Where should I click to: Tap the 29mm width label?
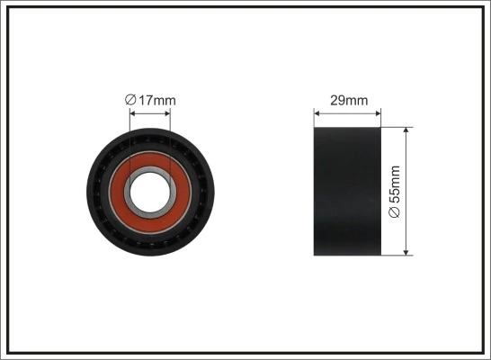point(346,100)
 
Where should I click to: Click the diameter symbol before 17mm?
point(130,100)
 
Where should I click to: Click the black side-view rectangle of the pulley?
point(346,191)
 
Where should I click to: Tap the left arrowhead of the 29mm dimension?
point(317,113)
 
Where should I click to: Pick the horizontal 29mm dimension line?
point(346,113)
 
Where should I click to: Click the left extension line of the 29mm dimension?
point(314,119)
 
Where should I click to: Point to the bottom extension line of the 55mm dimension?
point(397,256)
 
